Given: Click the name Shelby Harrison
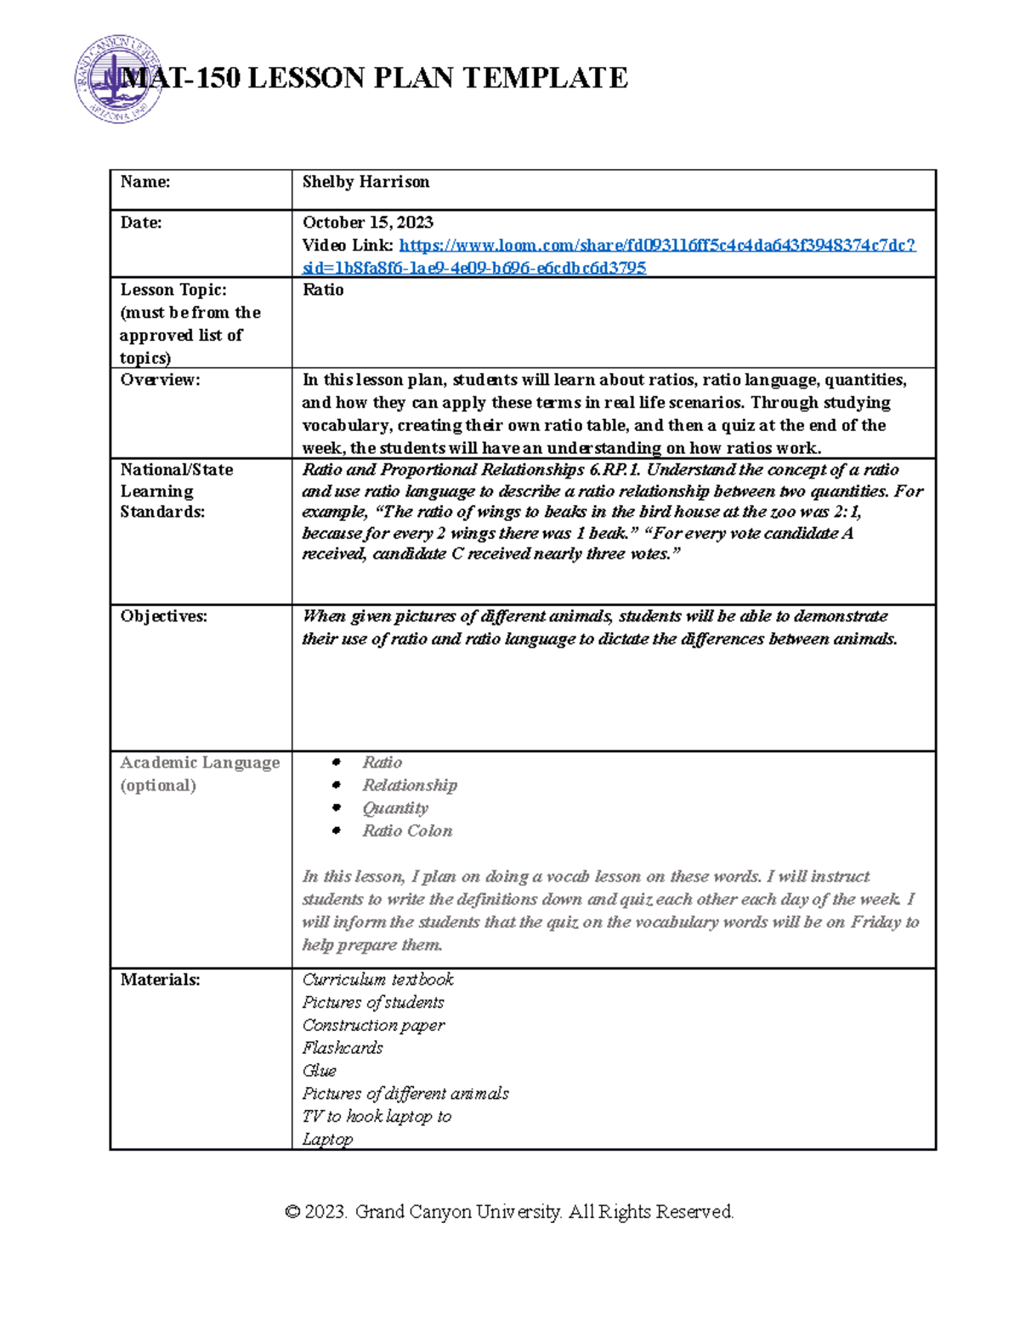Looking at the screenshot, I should pos(365,182).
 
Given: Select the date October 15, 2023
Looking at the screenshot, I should pos(367,223).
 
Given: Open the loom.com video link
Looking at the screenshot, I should pos(656,246).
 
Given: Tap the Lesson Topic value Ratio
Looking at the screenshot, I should pos(323,290).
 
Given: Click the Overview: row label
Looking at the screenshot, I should pos(160,380).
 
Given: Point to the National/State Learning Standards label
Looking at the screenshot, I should pos(176,490).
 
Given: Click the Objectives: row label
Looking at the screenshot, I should pos(163,616).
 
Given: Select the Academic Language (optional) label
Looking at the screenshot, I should pos(199,773).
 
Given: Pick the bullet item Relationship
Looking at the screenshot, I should pos(409,785).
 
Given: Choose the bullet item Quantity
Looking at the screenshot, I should pos(394,808).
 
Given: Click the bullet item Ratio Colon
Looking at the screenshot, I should pos(407,831).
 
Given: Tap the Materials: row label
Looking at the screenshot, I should pos(160,980).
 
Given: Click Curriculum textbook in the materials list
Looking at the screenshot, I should pos(377,980).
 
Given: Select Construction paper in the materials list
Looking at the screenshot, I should pos(373,1026).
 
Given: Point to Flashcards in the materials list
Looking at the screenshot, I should pos(343,1048).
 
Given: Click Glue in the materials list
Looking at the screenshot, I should pos(319,1071).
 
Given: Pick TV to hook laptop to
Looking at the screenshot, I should pos(377,1117).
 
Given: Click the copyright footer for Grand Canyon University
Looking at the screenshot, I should pos(509,1211).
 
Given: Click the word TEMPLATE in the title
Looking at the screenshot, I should pos(545,78).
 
